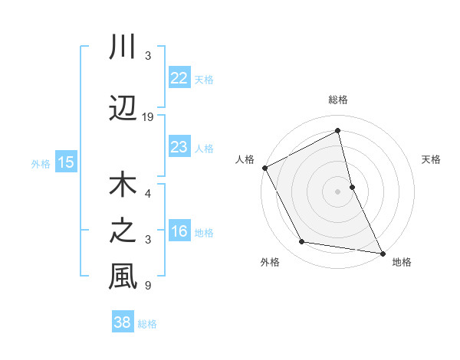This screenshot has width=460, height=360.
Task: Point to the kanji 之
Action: tap(123, 231)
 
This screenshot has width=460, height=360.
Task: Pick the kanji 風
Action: tap(123, 277)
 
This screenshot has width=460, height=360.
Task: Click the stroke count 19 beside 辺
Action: tap(148, 117)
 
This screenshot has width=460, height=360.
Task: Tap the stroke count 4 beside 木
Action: tap(148, 194)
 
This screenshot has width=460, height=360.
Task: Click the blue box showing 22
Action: tap(179, 78)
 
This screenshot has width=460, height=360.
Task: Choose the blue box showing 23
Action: tap(179, 147)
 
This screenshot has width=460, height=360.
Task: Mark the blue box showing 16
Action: tap(179, 231)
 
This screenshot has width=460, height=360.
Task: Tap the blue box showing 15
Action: tap(65, 162)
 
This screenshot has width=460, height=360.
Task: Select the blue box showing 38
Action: tap(122, 322)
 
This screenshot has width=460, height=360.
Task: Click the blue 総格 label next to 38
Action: tap(147, 324)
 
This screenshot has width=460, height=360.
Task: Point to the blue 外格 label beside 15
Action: tap(40, 163)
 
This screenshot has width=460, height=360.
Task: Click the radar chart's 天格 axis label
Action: tap(432, 159)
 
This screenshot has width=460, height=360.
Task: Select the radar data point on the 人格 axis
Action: tap(264, 167)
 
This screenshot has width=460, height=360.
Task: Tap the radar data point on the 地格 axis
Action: tap(382, 252)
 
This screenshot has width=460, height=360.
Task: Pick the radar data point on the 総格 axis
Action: tap(338, 131)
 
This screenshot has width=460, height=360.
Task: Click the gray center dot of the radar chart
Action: tap(338, 191)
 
